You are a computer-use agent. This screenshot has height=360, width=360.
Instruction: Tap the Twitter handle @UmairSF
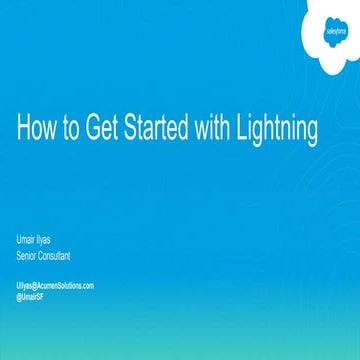[33, 295]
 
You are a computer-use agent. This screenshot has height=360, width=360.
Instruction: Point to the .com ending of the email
[88, 286]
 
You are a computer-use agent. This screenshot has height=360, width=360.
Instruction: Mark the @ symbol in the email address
[37, 286]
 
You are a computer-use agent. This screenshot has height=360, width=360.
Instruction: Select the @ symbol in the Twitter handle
[20, 295]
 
